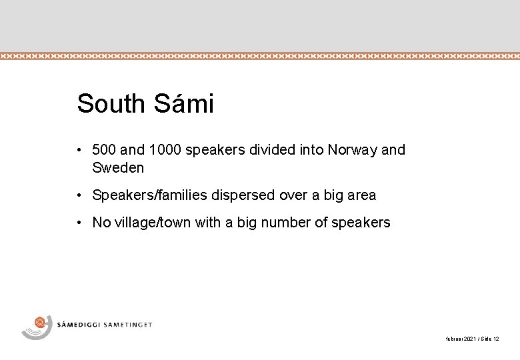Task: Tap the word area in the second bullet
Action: (361, 196)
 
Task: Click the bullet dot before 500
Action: (79, 150)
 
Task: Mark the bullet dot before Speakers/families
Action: (79, 196)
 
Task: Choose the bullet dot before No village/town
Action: (79, 223)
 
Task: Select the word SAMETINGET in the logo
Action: (129, 325)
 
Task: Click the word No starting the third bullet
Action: (101, 223)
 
